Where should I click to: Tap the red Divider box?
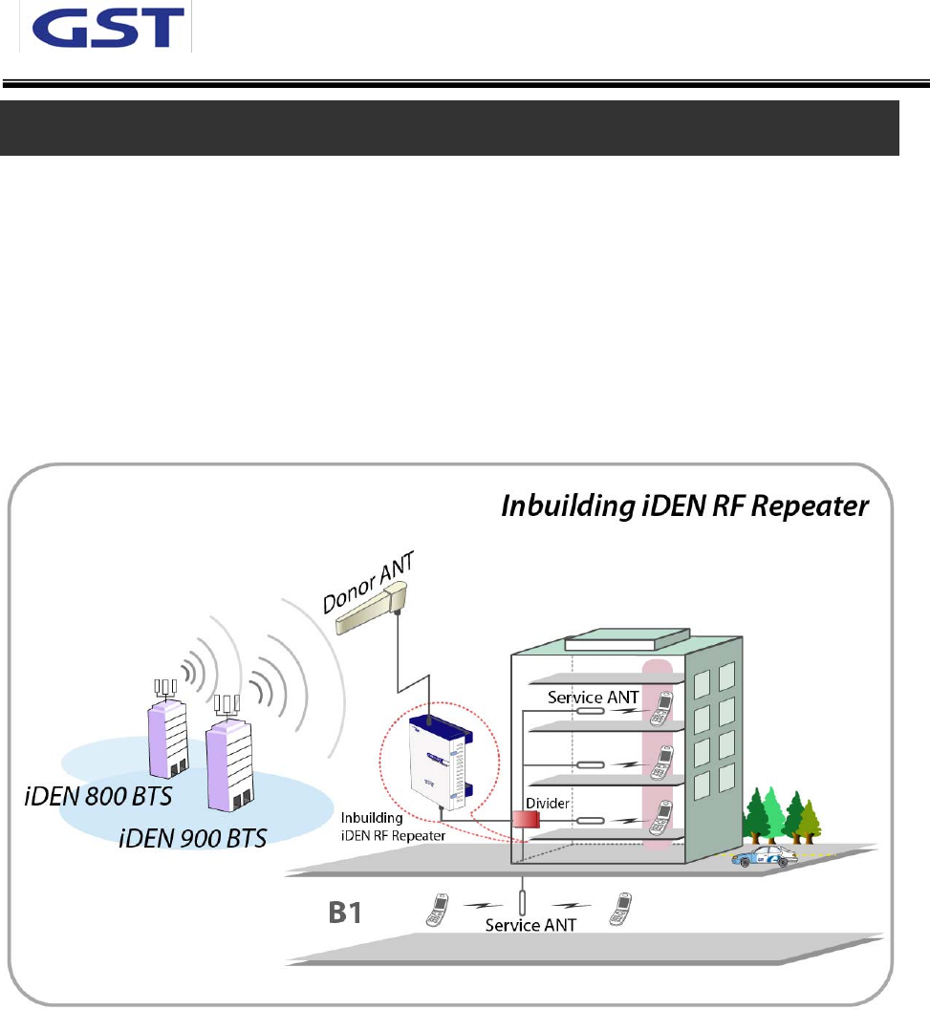(x=526, y=819)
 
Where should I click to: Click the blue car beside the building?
(x=765, y=856)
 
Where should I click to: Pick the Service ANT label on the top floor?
(x=593, y=698)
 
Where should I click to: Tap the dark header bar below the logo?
(x=450, y=128)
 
